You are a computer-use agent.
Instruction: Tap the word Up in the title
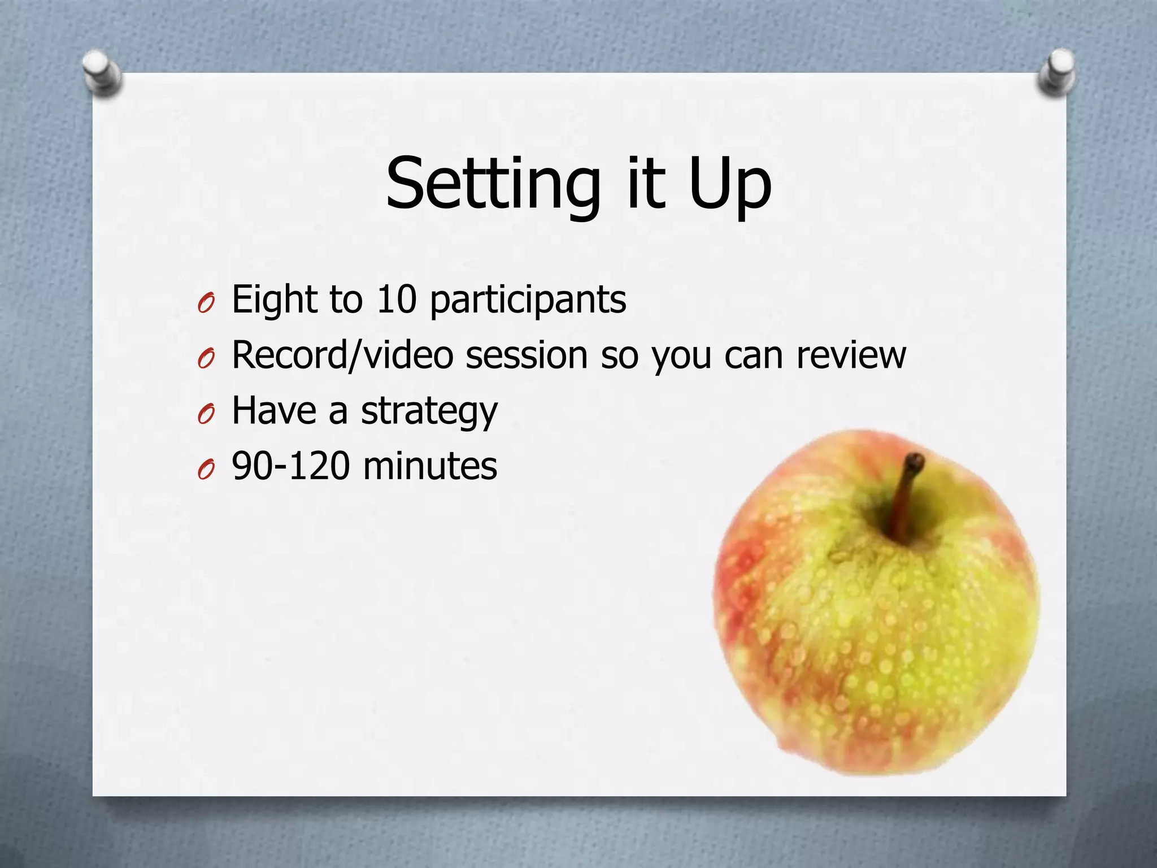730,184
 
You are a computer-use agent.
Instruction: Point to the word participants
528,301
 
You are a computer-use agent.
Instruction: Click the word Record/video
342,356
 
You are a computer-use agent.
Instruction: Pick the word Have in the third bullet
274,411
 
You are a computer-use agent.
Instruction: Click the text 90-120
290,466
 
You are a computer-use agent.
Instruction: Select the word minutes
430,466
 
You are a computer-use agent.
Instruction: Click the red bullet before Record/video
206,359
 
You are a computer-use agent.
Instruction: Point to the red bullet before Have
206,415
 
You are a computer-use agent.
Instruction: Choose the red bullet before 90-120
206,470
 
